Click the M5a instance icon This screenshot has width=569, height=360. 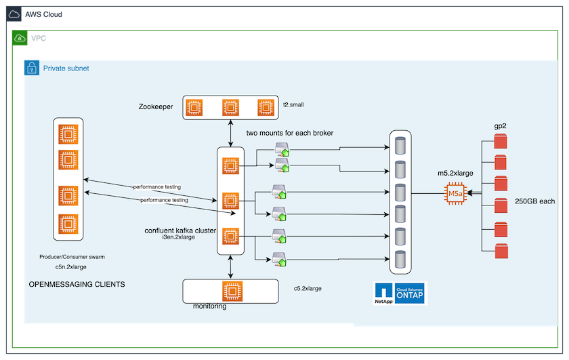tap(455, 194)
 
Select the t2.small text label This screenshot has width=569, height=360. tap(293, 106)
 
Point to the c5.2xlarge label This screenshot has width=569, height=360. tap(308, 289)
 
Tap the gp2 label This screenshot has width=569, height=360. tap(501, 127)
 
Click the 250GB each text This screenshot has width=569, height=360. tap(535, 201)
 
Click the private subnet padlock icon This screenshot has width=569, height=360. tap(31, 68)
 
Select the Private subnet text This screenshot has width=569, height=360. tap(66, 68)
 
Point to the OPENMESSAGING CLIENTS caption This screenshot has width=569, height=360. tap(77, 285)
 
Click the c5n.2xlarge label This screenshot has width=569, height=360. tap(77, 268)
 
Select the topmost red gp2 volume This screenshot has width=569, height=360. tap(501, 142)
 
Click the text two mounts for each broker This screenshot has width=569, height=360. tap(289, 133)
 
